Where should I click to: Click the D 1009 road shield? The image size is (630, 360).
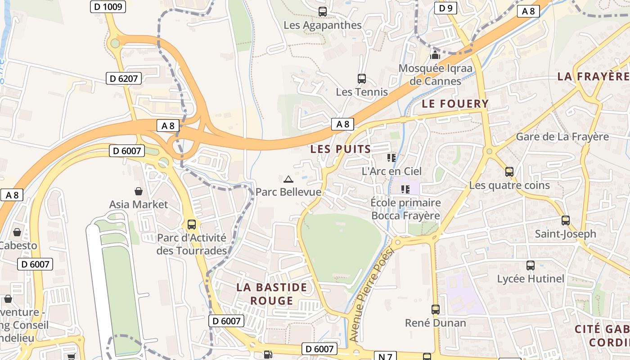[108, 6]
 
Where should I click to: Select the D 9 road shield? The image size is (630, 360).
[445, 8]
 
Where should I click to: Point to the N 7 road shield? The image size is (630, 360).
[385, 356]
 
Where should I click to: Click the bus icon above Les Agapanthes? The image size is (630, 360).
[322, 12]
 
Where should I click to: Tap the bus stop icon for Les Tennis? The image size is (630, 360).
[361, 79]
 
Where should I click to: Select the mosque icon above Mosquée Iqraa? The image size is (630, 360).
[435, 55]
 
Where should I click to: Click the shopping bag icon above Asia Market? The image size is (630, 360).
[139, 191]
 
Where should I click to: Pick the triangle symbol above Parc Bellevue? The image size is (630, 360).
[288, 179]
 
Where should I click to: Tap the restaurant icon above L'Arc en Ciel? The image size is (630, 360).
[391, 157]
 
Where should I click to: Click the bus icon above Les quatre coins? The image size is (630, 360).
[509, 172]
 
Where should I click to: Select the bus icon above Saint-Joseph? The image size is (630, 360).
[565, 220]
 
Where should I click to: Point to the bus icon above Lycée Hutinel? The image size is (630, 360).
[531, 265]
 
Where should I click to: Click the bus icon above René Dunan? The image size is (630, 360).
[435, 310]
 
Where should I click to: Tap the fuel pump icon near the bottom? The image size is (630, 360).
[268, 355]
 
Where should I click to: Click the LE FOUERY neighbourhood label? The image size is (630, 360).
[455, 104]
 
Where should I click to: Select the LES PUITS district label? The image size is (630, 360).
[341, 149]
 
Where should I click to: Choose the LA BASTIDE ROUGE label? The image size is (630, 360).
[272, 294]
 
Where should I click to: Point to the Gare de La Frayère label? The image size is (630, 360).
[562, 136]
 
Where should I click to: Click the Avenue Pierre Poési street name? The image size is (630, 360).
[371, 294]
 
